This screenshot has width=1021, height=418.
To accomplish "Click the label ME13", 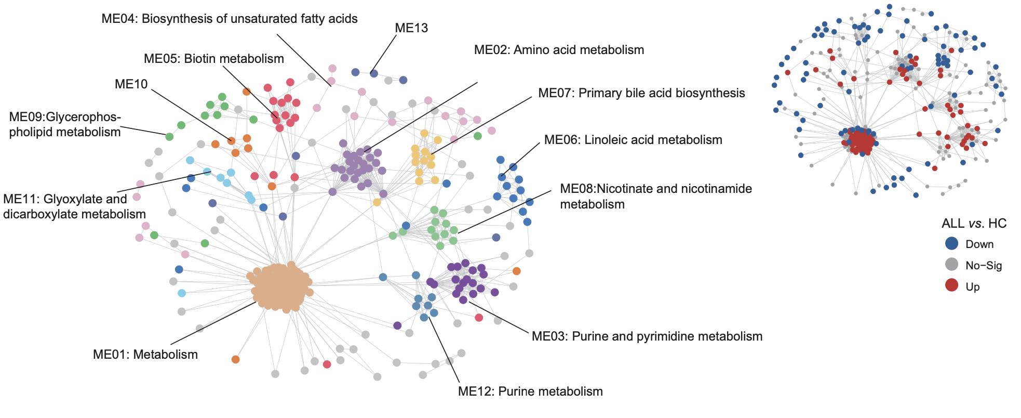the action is [411, 28].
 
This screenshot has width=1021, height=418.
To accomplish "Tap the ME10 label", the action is [131, 84].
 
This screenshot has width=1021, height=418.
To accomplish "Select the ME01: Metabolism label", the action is [145, 355].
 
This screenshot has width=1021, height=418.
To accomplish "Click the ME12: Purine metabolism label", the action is [530, 391].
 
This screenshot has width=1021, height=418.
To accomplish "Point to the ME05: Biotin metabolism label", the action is [214, 59].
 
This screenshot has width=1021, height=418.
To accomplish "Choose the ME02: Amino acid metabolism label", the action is [559, 50].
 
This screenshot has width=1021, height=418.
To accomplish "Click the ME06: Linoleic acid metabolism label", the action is [633, 140].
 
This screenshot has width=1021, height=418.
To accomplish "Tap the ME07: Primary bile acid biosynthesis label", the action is [641, 93].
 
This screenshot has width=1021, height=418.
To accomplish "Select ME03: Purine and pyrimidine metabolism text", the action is [647, 336].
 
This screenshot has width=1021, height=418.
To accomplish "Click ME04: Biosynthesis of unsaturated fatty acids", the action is [230, 19].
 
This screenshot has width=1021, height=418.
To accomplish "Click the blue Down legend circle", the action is [951, 243].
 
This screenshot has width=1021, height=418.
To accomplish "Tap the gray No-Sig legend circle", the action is [951, 264].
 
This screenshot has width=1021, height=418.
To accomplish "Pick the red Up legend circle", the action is [951, 285].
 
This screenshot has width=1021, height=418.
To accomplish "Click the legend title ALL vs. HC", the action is [974, 224].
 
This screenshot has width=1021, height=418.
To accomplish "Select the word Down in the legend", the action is [979, 244].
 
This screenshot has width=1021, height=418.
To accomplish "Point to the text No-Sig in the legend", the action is [984, 266].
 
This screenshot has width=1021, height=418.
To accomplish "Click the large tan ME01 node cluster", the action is [281, 287].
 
